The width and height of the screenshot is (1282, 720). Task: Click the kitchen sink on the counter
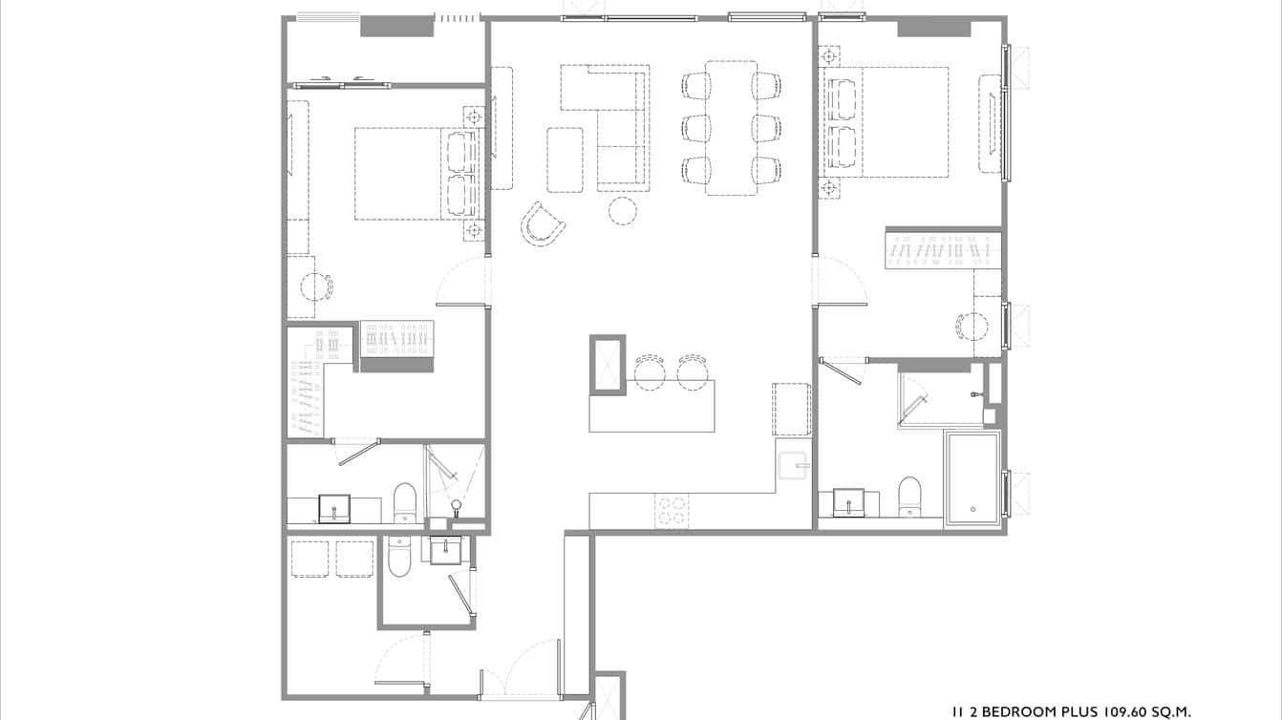[793, 466]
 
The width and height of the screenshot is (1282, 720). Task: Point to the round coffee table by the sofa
[623, 210]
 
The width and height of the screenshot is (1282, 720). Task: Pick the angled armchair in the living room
[543, 223]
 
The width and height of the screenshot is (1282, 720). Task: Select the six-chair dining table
[731, 127]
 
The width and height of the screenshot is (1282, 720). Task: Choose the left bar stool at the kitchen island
[649, 370]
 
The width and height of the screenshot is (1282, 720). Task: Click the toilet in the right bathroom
[909, 495]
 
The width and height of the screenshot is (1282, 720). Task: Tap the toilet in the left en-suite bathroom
[405, 503]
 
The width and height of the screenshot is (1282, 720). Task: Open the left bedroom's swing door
[463, 284]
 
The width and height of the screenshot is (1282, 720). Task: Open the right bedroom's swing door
[840, 283]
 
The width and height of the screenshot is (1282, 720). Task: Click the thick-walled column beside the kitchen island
[607, 364]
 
